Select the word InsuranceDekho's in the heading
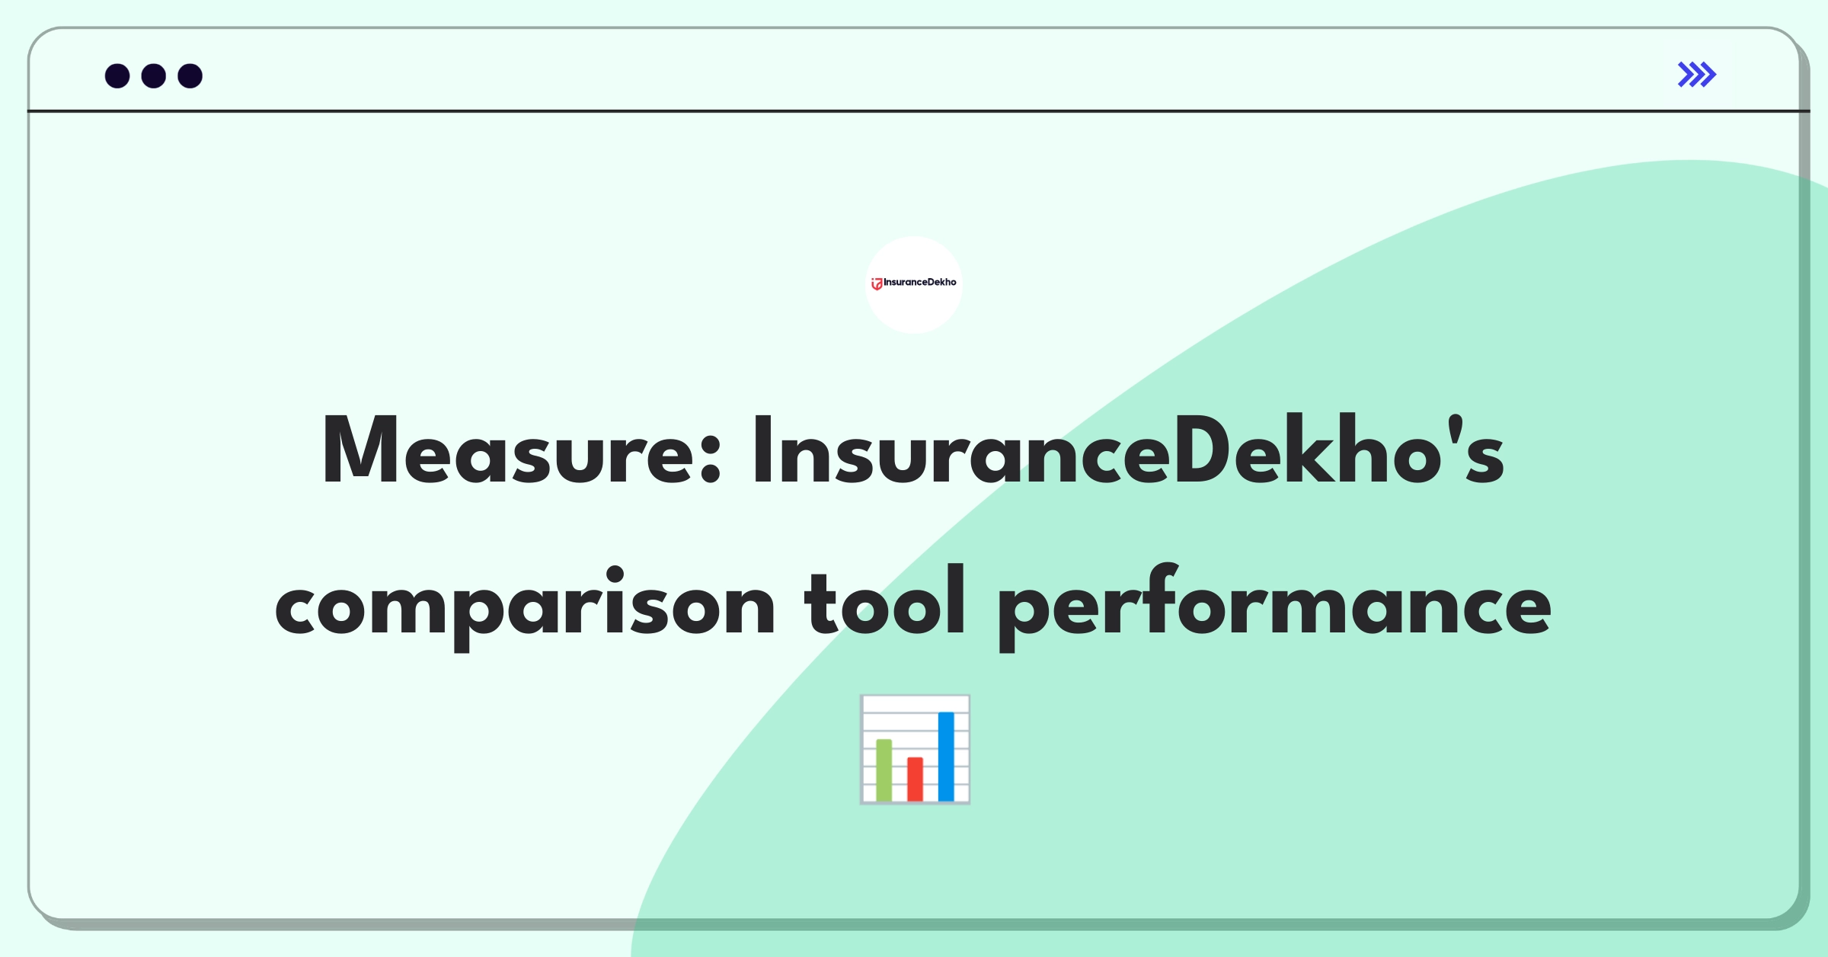click(1128, 450)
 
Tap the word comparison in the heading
click(525, 608)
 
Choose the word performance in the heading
click(1274, 608)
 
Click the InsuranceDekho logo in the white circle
click(914, 283)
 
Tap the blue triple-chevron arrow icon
click(1697, 75)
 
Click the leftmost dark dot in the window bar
click(117, 76)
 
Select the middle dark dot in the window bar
click(154, 76)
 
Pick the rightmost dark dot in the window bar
click(190, 76)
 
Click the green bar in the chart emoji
click(884, 770)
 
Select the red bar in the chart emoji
click(915, 779)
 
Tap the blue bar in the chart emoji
click(946, 757)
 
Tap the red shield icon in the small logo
click(877, 284)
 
